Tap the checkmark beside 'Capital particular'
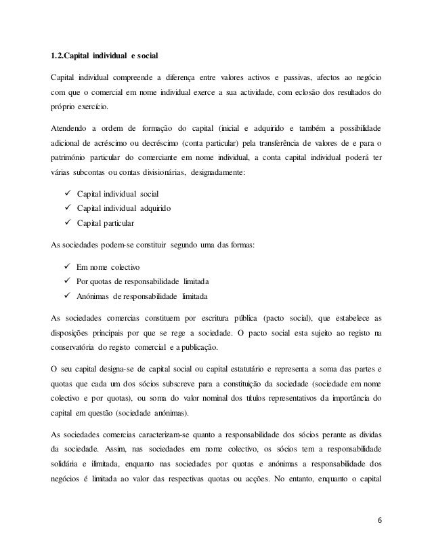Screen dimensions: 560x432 click(68, 222)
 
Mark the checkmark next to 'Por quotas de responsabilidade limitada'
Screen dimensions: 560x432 click(68, 283)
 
